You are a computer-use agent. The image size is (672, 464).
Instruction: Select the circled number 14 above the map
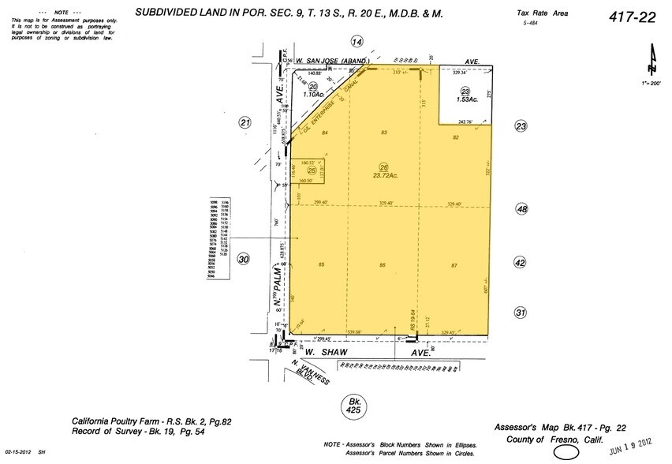pos(357,42)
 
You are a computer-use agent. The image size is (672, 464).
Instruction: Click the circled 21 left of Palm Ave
pos(245,122)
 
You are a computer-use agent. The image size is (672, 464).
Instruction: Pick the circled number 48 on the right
pos(520,209)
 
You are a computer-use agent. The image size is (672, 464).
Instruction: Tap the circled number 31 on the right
pos(520,313)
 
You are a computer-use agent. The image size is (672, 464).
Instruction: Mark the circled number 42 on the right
pos(520,261)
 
